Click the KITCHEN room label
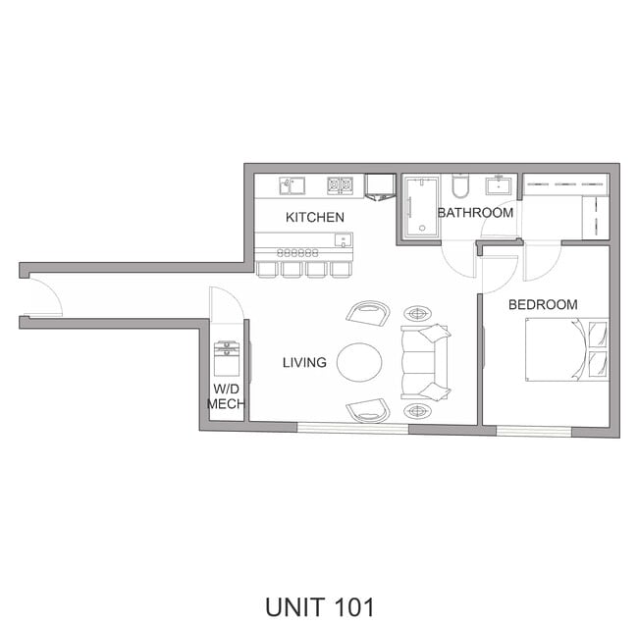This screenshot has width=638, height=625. [314, 217]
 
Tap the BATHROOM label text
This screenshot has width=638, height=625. [475, 213]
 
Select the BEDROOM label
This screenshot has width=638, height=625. [543, 305]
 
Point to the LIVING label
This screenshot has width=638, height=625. [304, 363]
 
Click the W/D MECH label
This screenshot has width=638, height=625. [226, 395]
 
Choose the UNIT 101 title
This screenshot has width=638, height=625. [319, 606]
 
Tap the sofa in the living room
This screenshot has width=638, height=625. [425, 361]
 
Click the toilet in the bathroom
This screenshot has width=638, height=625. [460, 185]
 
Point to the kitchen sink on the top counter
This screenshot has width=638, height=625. [292, 184]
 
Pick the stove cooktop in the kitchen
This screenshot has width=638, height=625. [340, 184]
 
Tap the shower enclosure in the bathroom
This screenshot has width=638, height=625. [420, 207]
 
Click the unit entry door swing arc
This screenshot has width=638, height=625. [43, 297]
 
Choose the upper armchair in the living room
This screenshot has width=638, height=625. [368, 313]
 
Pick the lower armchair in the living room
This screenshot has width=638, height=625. [368, 410]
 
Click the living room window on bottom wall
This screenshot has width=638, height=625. [352, 428]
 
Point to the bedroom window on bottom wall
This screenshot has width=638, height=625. [534, 431]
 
